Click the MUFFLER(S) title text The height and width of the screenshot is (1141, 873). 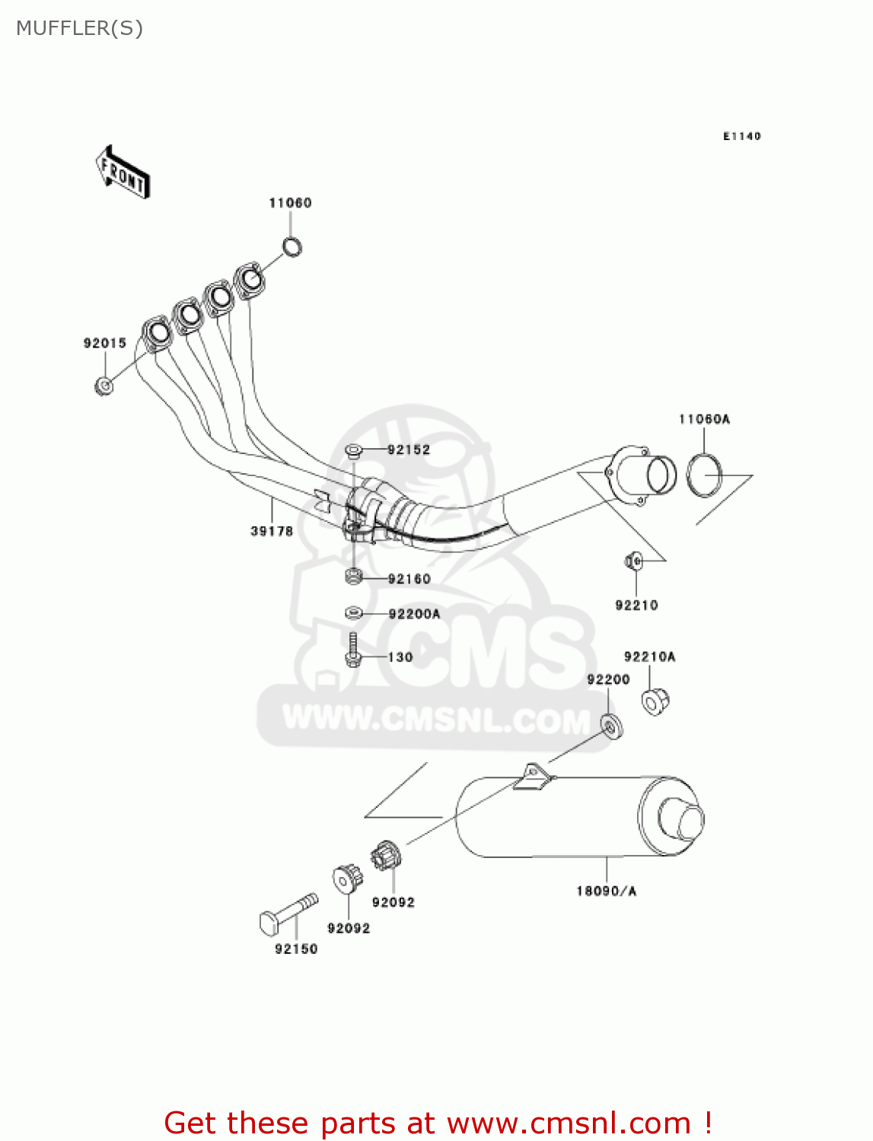click(x=79, y=28)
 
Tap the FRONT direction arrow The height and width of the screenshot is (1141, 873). click(x=122, y=173)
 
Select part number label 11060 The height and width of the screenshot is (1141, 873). click(x=290, y=203)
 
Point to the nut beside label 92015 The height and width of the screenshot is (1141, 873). click(x=104, y=386)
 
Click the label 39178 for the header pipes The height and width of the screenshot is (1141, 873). click(x=272, y=531)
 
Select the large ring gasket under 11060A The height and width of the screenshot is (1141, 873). click(x=704, y=475)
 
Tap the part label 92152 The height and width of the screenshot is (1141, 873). click(x=409, y=450)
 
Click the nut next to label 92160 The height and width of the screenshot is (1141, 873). click(x=352, y=577)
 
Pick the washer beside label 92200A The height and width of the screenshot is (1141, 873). click(x=353, y=612)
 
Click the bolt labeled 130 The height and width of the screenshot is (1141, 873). click(x=352, y=650)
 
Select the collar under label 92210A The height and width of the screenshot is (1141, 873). click(x=654, y=701)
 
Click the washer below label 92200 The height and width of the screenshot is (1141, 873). click(x=611, y=726)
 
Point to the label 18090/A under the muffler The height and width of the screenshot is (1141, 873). click(x=606, y=891)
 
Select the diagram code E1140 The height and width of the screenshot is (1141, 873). click(x=741, y=136)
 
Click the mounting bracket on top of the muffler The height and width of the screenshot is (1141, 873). click(x=533, y=777)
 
